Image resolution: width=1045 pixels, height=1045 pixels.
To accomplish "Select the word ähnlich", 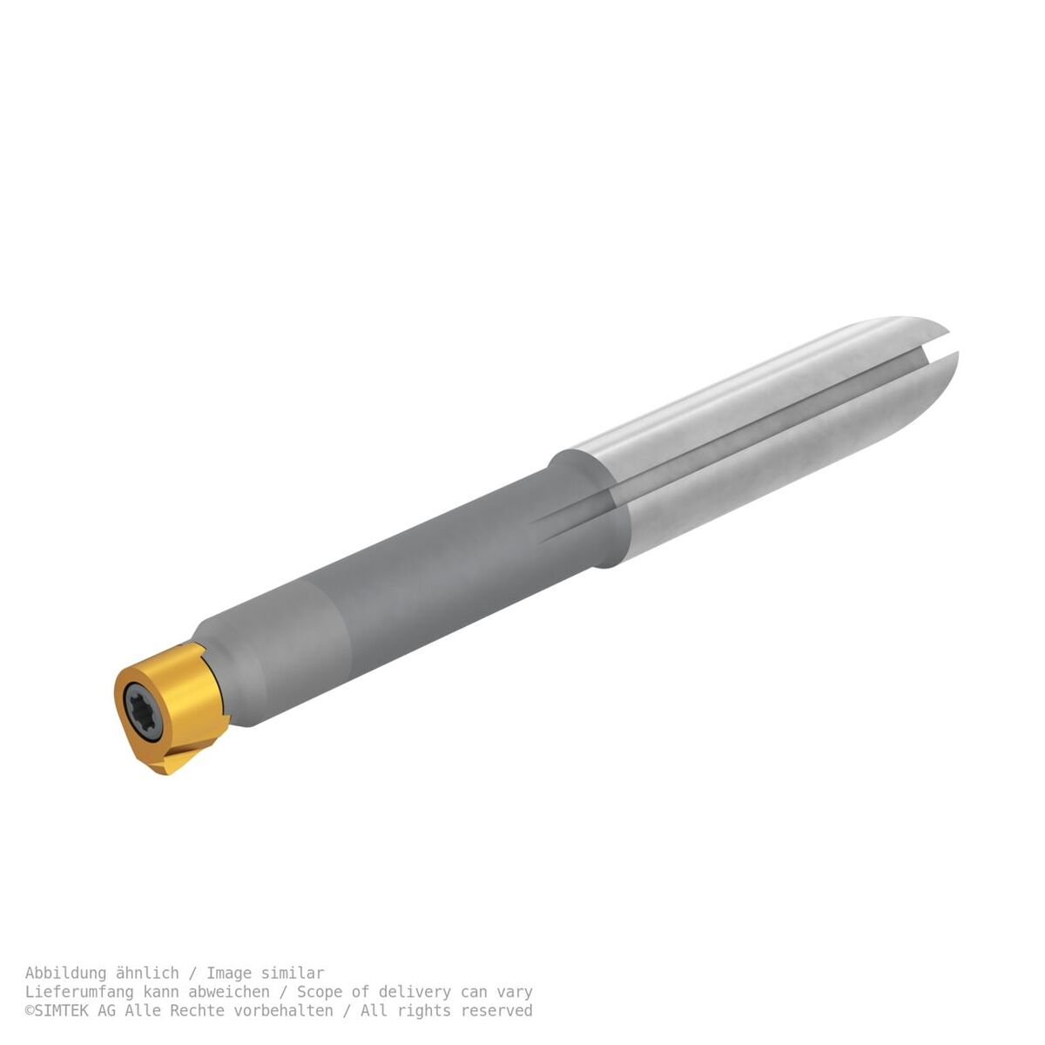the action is tap(147, 973).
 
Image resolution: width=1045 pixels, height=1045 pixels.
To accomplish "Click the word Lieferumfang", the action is tap(79, 992).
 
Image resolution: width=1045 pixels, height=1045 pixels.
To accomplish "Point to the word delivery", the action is tap(415, 992).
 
